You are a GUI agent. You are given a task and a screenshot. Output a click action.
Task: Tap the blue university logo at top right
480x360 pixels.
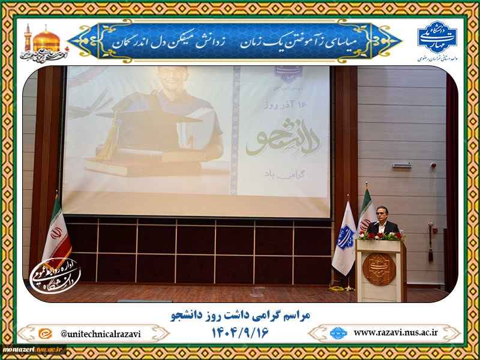[x=437, y=37]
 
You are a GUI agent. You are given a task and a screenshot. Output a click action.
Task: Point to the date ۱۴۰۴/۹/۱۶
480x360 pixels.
[x=240, y=332]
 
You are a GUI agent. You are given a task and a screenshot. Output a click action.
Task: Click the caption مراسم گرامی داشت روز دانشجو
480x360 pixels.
[x=240, y=315]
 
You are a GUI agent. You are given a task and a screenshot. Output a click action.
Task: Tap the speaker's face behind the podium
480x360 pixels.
[x=382, y=214]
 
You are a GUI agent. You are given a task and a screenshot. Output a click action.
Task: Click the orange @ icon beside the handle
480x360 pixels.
[x=44, y=334]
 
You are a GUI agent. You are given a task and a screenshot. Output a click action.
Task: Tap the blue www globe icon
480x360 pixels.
[x=338, y=332]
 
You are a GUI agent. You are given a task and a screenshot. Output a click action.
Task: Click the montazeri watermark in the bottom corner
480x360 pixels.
[x=33, y=349]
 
